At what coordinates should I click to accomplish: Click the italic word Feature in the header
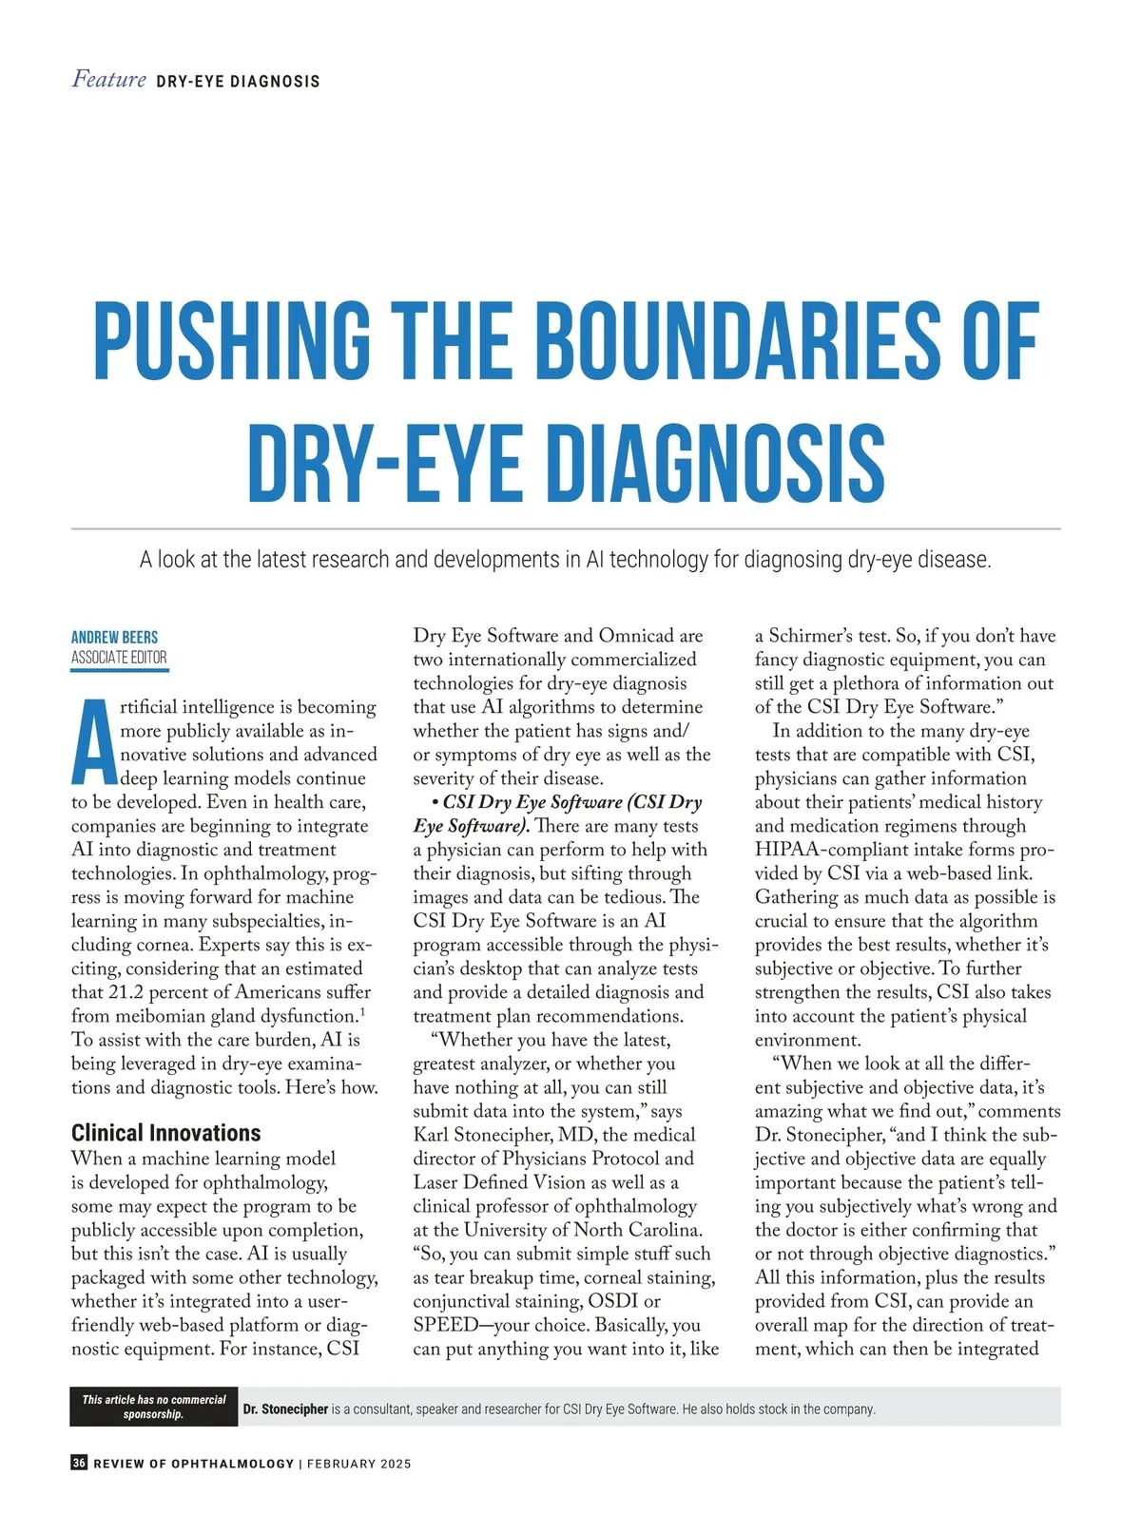108,80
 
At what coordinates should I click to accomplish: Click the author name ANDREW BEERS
114,637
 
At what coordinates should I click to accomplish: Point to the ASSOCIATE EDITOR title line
119,658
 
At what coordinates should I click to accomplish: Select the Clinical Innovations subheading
165,1133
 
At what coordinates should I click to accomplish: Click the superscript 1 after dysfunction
362,1011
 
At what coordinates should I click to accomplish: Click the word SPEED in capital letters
445,1325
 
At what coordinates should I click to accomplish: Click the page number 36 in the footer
79,1463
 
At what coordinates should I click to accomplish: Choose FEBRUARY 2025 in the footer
358,1464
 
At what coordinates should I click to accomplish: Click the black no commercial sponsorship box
154,1407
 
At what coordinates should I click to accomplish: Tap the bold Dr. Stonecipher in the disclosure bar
285,1409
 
